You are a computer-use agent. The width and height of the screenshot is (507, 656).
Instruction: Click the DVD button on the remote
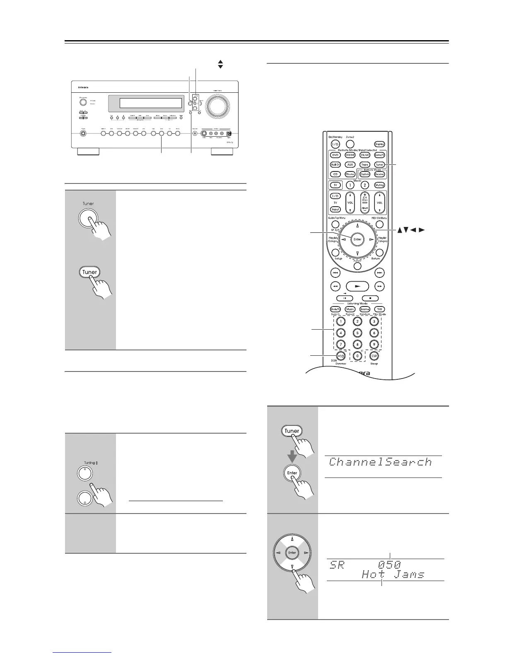coord(335,155)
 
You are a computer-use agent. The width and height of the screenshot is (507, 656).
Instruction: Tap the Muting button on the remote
coord(379,185)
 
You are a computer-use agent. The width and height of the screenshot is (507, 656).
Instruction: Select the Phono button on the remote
coord(350,174)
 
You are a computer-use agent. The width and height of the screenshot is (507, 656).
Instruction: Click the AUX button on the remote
coord(350,164)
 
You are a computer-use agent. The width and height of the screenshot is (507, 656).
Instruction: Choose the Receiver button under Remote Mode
coord(379,174)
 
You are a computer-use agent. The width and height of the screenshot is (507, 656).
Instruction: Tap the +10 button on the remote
coord(340,355)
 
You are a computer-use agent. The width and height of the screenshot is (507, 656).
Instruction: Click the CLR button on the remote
coord(374,355)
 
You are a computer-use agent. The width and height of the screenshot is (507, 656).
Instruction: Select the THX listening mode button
coord(379,309)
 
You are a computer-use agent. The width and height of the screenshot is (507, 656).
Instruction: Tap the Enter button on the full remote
coord(357,239)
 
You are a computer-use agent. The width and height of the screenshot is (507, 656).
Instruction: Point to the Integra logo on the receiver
coord(83,87)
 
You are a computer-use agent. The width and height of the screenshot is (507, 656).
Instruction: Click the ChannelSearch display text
coord(380,462)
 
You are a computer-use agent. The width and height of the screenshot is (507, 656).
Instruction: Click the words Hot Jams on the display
coord(393,574)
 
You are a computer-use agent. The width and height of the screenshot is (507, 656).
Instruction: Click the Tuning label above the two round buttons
coord(91,463)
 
